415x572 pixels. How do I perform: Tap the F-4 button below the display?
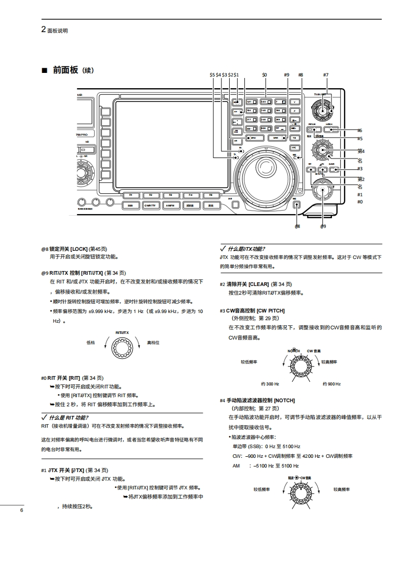191,195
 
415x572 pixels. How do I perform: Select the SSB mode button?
130,205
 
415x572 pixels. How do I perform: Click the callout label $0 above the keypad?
264,75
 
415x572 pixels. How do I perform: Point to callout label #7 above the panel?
325,75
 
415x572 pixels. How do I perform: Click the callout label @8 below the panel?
297,226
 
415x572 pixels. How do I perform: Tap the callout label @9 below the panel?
323,226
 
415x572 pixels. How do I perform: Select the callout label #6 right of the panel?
359,131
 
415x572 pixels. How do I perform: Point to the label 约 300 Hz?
270,383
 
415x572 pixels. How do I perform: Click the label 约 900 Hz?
331,383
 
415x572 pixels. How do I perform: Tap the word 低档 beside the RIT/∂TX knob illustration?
91,343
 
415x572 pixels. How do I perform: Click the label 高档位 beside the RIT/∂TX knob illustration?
153,343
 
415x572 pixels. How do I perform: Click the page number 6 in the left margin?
22,510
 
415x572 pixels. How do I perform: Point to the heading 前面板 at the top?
65,70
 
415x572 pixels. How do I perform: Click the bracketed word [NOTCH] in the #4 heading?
284,400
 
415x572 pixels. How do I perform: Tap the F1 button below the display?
131,195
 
